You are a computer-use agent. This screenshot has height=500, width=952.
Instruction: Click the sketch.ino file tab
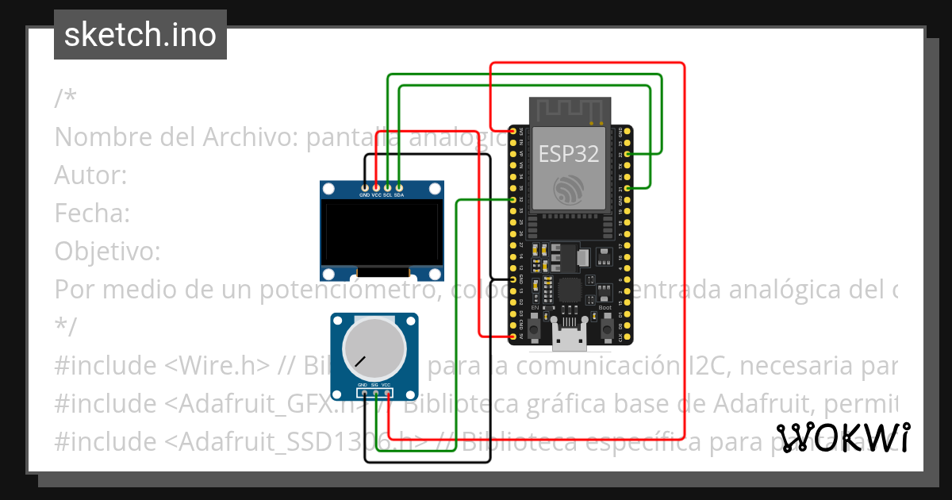coord(140,35)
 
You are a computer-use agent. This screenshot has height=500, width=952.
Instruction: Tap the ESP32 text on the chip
coord(569,153)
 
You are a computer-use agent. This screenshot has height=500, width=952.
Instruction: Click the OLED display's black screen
coord(382,233)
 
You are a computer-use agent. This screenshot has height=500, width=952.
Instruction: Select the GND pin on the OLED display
coord(364,187)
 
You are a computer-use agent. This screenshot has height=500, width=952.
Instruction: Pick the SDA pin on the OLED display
coord(399,187)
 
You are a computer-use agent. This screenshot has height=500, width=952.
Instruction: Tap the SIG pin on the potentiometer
coord(374,393)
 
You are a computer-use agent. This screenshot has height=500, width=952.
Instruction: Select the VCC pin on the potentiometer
coord(386,393)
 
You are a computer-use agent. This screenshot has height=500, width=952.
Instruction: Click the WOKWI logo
coord(843,437)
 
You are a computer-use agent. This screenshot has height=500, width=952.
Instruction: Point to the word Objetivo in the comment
coord(106,252)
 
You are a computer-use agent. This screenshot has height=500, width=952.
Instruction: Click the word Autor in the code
coord(89,175)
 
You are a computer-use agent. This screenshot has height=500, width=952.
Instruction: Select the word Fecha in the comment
coord(90,213)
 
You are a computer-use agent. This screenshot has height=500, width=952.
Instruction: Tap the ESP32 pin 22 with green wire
coord(628,153)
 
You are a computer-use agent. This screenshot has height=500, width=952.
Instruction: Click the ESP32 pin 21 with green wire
coord(628,187)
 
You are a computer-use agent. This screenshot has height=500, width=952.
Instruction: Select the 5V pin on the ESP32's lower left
coord(512,337)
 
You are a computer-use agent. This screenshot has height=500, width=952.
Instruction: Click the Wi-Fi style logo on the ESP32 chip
coord(569,189)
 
